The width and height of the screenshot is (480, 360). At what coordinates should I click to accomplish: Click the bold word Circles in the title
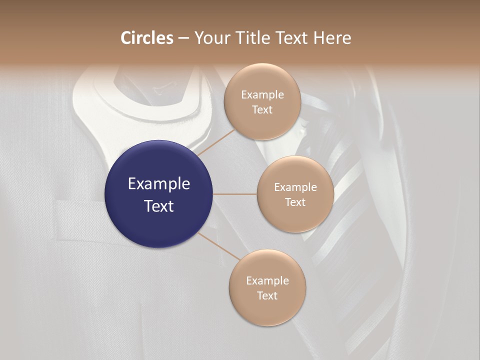click(147, 38)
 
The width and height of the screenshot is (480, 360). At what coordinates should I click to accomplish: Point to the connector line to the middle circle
click(235, 194)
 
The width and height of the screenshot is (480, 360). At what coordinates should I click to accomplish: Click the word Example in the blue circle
click(159, 184)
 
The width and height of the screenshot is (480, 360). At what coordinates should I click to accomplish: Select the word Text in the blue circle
click(159, 206)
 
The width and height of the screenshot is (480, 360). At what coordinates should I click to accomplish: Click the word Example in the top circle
click(262, 94)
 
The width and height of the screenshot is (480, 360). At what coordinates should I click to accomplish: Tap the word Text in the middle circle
click(295, 202)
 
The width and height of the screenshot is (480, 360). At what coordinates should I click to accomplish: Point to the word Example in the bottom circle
click(267, 280)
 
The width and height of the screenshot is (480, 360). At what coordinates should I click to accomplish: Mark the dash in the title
click(183, 38)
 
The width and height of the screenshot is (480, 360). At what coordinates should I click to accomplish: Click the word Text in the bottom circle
click(267, 295)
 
